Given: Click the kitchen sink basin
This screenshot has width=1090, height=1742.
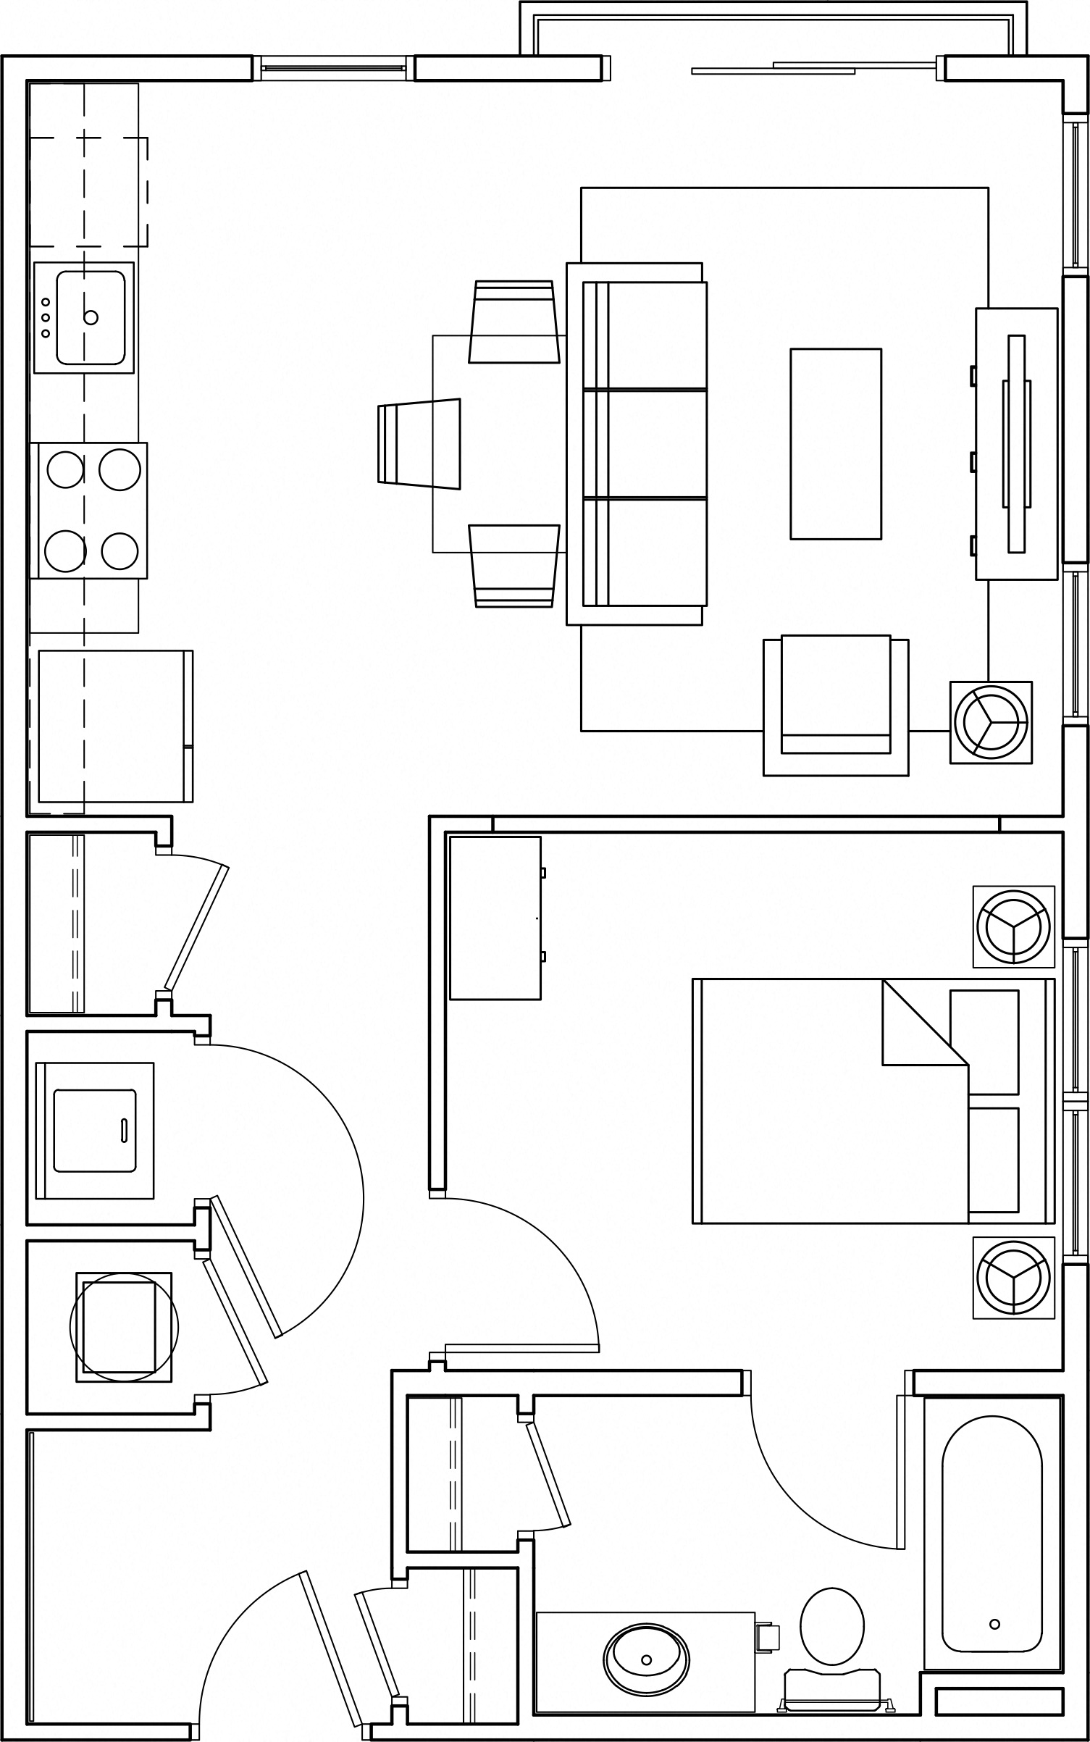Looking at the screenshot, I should pos(91,317).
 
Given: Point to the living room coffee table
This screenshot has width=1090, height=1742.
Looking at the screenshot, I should pos(835,444).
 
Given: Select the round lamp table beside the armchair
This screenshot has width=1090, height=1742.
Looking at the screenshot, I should pos(991,722).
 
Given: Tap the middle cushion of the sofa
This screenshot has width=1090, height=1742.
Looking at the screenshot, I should pos(655,444).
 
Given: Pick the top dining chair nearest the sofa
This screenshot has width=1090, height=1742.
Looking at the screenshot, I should pos(514,322).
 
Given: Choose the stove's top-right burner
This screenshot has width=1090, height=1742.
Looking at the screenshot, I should pos(120,469).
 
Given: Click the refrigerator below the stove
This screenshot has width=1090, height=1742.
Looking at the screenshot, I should pos(114,726).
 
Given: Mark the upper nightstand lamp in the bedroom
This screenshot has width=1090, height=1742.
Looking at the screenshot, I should pos(1013,926).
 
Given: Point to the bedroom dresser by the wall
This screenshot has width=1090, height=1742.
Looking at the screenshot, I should pos(495,918).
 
